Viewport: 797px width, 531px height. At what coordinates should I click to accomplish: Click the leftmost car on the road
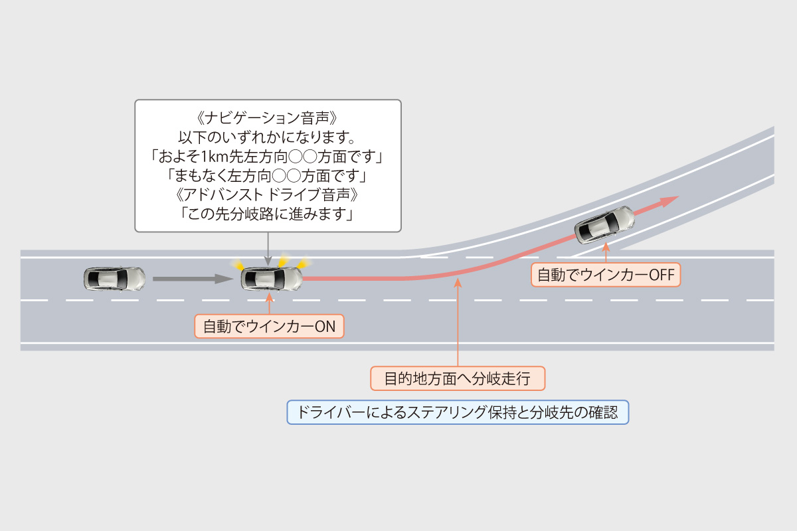tap(115, 279)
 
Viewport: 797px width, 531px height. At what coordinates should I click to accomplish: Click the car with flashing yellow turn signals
tap(271, 279)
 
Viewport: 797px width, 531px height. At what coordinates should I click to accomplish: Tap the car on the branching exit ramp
tap(604, 224)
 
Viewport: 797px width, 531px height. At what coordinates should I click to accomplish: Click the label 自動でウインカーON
tap(269, 327)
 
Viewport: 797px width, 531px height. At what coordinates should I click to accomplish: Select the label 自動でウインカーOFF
tap(606, 275)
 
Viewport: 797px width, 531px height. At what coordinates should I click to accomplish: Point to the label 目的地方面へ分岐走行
tap(458, 378)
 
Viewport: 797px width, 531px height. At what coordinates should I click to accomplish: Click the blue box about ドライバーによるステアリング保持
tap(458, 413)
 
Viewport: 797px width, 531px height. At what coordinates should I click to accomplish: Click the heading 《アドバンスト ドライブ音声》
tap(268, 196)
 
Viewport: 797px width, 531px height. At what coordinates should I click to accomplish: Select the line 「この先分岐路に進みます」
tap(268, 215)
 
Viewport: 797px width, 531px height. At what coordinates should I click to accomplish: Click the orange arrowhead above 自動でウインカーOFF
tap(605, 245)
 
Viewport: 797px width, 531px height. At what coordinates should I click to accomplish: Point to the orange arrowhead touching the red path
tap(458, 282)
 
